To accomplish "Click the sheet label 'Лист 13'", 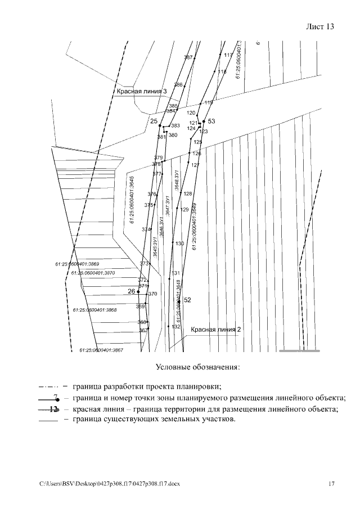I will pos(320,27).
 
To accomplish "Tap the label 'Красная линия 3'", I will pos(142,91).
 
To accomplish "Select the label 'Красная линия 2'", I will pos(216,330).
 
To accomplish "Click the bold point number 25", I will pos(154,121).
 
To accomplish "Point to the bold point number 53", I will pos(211,121).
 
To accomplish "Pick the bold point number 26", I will pos(132,291).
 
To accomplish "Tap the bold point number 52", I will pos(188,300).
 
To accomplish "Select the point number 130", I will pos(179,244).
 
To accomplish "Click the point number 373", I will pos(144,263).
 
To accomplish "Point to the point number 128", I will pos(188,194).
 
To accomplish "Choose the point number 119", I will pos(208,102).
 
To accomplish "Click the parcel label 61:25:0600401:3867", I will pos(101,350).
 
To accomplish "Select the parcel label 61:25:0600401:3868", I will pos(94,310).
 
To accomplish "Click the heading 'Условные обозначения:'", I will pos(197,368).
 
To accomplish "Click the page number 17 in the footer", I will pos(331,484).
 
